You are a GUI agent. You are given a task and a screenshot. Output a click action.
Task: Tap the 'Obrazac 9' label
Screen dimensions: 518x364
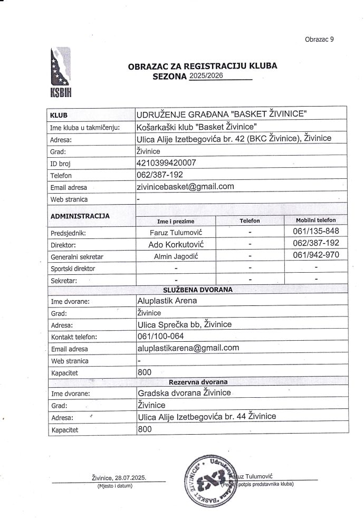pyautogui.click(x=319, y=39)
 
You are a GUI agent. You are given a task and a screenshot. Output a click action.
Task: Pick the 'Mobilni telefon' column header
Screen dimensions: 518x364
pyautogui.click(x=316, y=220)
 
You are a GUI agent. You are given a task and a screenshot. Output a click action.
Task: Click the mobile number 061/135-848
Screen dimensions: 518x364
pyautogui.click(x=315, y=232)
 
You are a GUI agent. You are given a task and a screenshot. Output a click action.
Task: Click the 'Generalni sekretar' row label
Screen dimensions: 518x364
pyautogui.click(x=76, y=257)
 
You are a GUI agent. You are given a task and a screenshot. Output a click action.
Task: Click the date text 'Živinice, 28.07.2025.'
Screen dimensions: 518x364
pyautogui.click(x=119, y=478)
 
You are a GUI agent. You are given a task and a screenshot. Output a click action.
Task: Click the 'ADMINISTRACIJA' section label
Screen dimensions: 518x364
pyautogui.click(x=80, y=216)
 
